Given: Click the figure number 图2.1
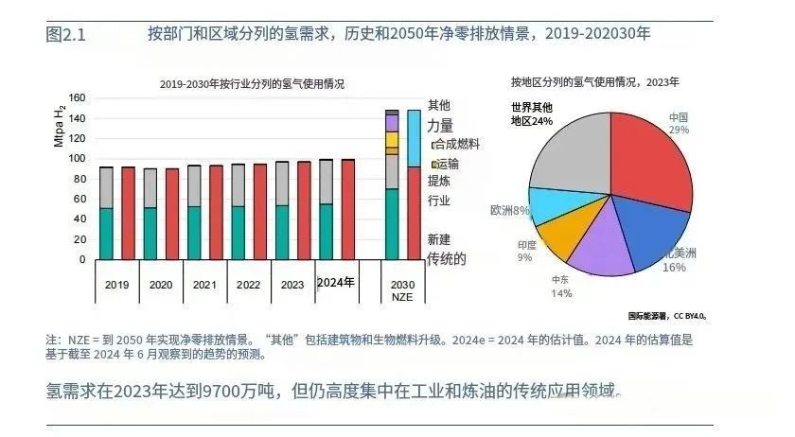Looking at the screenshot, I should tap(65, 35).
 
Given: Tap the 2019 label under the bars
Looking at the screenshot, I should tap(116, 284).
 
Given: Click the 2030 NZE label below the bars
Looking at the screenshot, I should tap(402, 290).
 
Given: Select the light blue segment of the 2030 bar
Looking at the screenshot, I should tap(414, 138).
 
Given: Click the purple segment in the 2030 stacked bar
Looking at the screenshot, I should tap(392, 123).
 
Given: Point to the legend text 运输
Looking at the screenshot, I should tap(449, 164).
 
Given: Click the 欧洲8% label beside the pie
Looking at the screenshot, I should tap(509, 210).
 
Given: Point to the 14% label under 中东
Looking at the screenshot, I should tap(561, 293).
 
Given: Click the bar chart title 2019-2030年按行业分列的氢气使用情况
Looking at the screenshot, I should tap(252, 83).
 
